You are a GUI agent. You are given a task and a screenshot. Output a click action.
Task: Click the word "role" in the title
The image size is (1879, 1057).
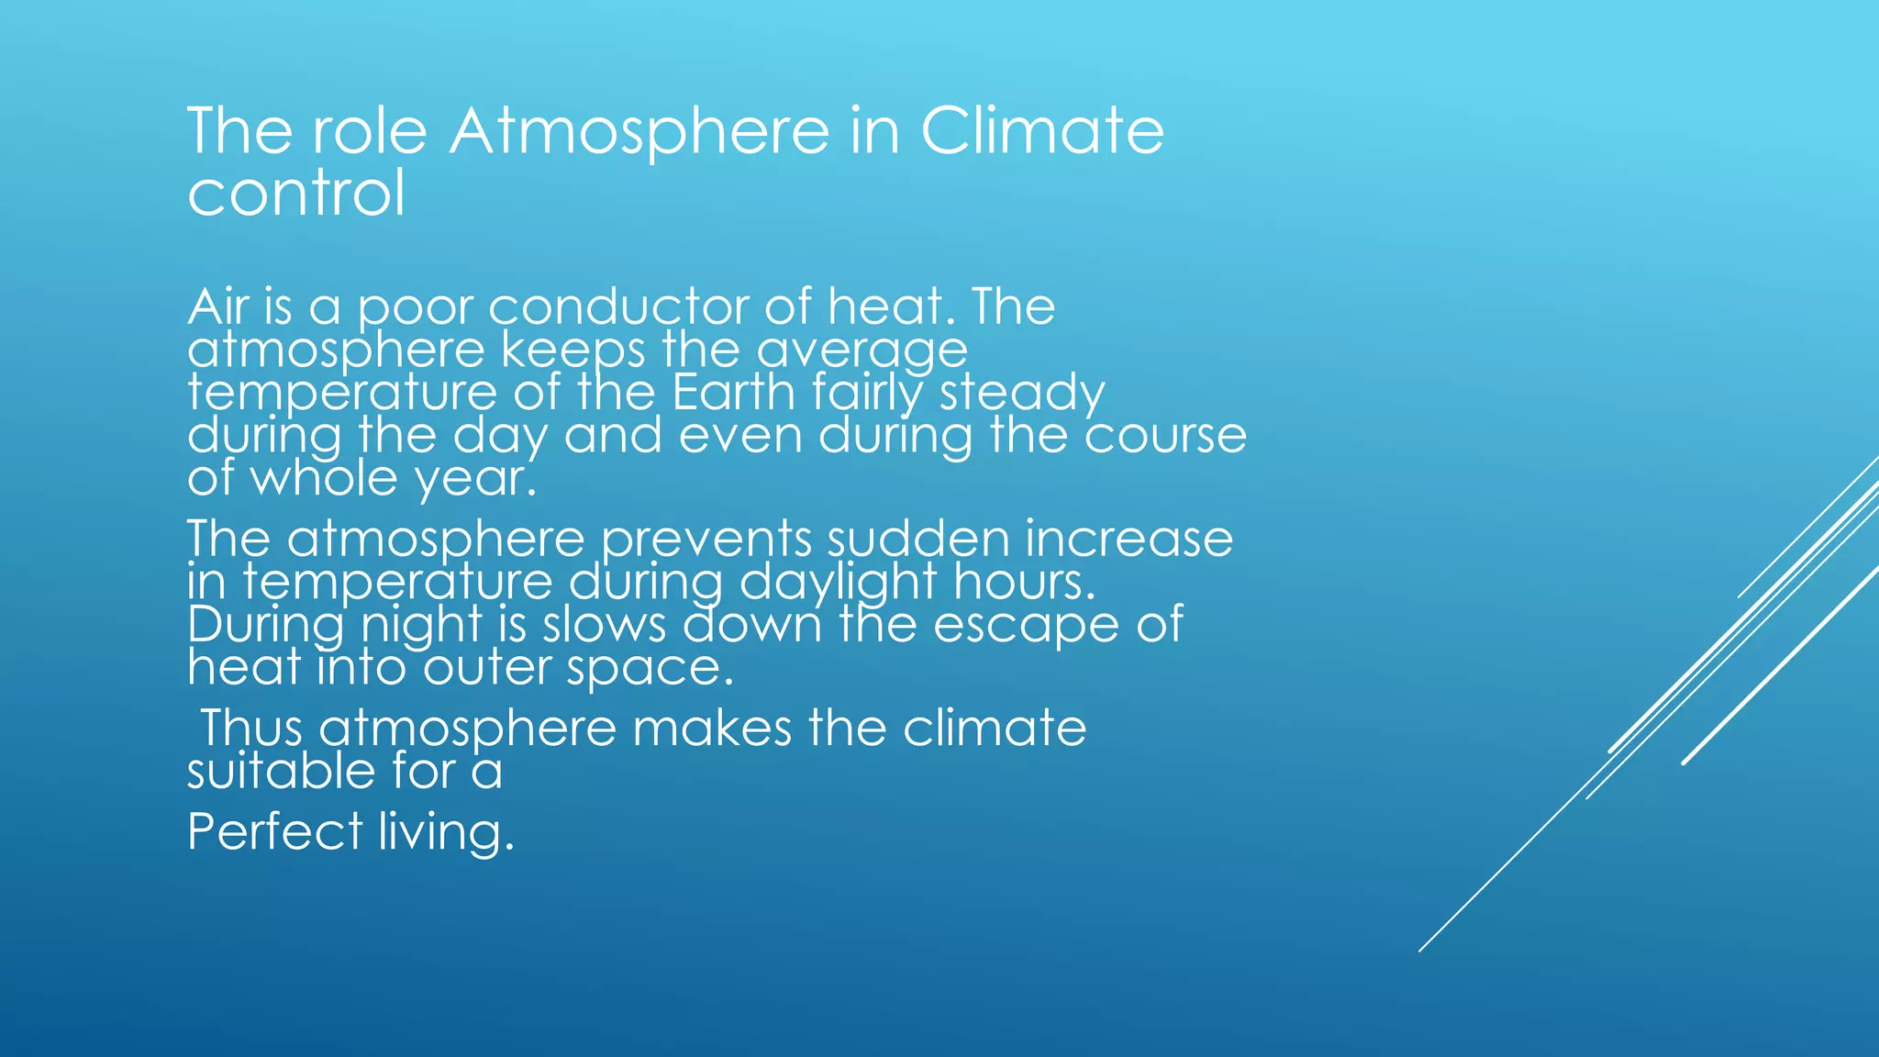370,130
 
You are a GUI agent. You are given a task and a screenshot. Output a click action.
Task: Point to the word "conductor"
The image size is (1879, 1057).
618,306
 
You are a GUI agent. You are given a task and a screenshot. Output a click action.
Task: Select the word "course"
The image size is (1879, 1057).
1165,436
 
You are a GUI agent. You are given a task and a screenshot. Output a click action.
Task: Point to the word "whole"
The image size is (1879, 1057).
326,477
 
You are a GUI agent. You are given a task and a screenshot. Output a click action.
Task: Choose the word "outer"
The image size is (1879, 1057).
485,667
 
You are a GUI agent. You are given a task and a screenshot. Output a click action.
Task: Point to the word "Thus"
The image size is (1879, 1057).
251,728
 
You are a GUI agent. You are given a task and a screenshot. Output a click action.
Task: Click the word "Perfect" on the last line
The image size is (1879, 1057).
275,831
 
